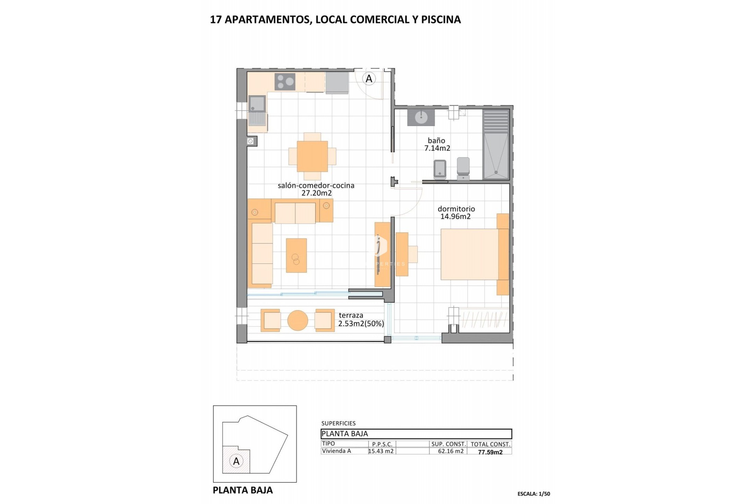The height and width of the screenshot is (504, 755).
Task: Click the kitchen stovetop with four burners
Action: (285, 82)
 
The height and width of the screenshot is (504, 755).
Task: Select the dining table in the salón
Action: (312, 156)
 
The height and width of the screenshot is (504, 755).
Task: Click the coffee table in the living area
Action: (296, 255)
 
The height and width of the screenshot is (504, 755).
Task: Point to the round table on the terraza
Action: (298, 321)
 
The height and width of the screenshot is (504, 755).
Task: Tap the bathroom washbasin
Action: (421, 117)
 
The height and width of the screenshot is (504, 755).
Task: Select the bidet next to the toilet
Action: (440, 169)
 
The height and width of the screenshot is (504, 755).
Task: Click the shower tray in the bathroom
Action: (496, 156)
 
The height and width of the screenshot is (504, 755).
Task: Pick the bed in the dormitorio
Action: (472, 254)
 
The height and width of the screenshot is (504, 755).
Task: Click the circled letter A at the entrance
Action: (369, 79)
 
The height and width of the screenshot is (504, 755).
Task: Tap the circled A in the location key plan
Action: (236, 461)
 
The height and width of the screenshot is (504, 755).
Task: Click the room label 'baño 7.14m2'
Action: (437, 145)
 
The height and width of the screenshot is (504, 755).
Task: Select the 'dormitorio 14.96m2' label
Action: (456, 213)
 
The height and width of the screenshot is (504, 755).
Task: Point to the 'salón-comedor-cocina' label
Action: (316, 185)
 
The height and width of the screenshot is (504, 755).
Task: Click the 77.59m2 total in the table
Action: (490, 452)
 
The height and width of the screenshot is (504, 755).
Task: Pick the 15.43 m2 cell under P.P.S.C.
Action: (381, 451)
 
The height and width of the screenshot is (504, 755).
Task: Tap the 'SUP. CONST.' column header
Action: (448, 444)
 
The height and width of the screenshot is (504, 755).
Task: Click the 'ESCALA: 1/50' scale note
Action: (534, 494)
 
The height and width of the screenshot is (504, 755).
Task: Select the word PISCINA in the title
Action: (441, 20)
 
